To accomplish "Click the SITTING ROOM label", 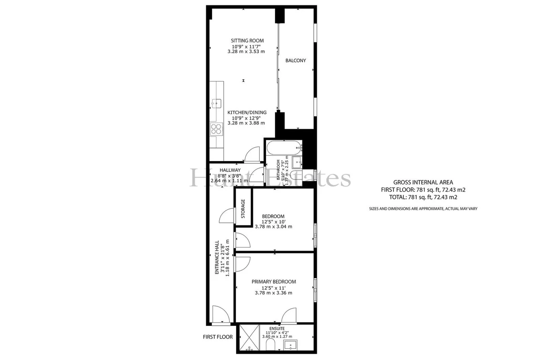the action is (x=247, y=41).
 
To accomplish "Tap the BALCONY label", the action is (x=296, y=60).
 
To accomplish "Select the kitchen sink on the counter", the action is (x=216, y=103).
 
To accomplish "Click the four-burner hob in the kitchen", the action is (x=216, y=129).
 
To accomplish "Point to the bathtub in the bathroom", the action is (x=284, y=148).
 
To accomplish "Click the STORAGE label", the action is (x=243, y=208).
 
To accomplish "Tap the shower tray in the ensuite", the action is (x=249, y=337).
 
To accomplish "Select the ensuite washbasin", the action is (x=291, y=345).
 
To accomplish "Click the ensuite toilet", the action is (x=270, y=345).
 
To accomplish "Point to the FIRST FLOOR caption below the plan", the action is (x=218, y=337).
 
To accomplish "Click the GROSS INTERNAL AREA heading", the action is (x=423, y=183).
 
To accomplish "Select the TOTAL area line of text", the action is (x=423, y=197).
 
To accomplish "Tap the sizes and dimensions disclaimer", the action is (x=423, y=209).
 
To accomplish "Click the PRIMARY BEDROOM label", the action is (x=274, y=282).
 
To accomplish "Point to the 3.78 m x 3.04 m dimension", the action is (x=274, y=227).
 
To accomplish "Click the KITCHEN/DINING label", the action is (x=247, y=112).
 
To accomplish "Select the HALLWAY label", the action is (x=230, y=170).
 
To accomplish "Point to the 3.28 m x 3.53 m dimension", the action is (x=246, y=52).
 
